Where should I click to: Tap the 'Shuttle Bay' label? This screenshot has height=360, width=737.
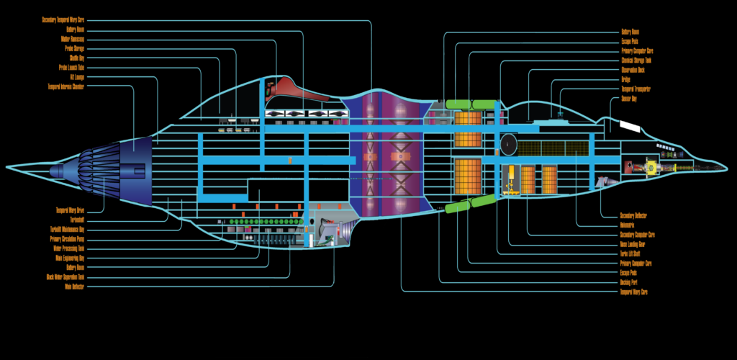pyautogui.click(x=77, y=58)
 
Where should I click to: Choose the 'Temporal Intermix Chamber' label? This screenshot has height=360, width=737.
pyautogui.click(x=66, y=86)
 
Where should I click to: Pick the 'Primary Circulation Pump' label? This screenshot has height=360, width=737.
pyautogui.click(x=67, y=238)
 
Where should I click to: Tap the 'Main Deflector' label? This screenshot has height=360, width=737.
pyautogui.click(x=74, y=286)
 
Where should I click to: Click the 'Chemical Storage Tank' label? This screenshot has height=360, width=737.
pyautogui.click(x=637, y=60)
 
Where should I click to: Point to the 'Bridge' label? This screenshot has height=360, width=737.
pyautogui.click(x=625, y=79)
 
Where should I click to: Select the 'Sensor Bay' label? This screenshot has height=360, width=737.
pyautogui.click(x=629, y=99)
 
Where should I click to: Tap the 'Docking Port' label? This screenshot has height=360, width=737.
pyautogui.click(x=630, y=282)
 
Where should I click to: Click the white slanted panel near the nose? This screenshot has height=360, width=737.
pyautogui.click(x=629, y=127)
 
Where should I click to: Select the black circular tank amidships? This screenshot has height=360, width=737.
pyautogui.click(x=509, y=144)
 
